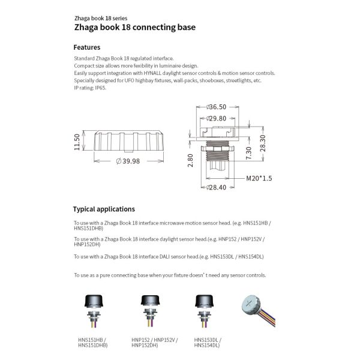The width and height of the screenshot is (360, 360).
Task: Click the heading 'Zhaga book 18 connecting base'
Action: pyautogui.click(x=134, y=28)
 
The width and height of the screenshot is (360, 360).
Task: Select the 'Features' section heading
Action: pyautogui.click(x=86, y=47)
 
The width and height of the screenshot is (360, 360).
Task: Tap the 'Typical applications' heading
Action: pyautogui.click(x=104, y=209)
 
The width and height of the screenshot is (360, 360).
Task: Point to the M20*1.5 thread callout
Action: pyautogui.click(x=259, y=178)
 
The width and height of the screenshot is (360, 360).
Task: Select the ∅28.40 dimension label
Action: pyautogui.click(x=216, y=187)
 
